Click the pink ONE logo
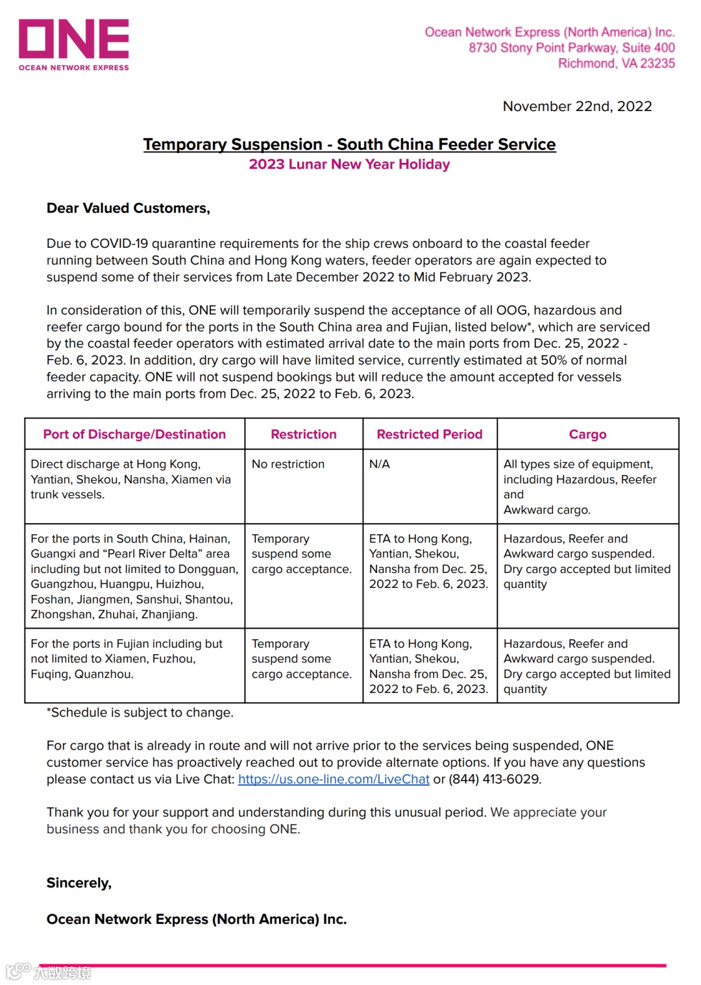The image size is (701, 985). coord(73,43)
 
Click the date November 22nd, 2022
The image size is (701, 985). coord(577,106)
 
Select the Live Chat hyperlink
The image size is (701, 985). coord(334,779)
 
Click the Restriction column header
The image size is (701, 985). coord(304,435)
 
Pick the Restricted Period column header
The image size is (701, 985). coord(430,435)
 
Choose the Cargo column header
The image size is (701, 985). coord(587,435)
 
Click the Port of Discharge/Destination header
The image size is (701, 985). coord(134,435)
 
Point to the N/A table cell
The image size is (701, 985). coord(380,465)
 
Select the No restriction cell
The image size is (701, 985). coord(288,465)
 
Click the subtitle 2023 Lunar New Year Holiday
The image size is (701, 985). coord(349,165)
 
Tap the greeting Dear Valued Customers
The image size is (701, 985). coord(129,208)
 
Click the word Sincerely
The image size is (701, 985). coord(79,883)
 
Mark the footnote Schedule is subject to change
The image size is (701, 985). coord(140,712)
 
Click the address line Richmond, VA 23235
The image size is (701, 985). coord(616,64)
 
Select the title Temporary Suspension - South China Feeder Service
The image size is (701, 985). coord(349,145)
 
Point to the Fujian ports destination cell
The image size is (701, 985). coord(127,659)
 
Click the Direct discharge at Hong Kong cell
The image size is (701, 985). coord(130,480)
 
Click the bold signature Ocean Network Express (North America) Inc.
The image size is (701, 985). coord(197,919)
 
